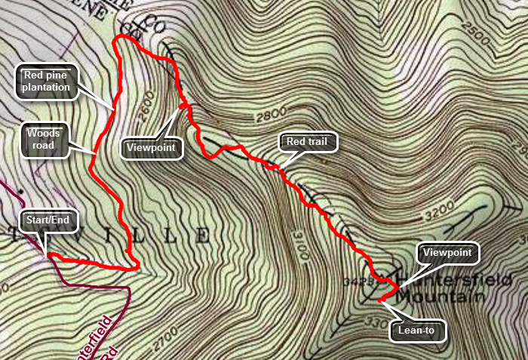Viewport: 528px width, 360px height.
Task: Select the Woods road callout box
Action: coord(42,140)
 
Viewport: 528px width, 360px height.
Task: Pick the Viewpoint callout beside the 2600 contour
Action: coord(152,147)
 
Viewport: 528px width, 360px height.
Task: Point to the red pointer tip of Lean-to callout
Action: coord(379,300)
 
